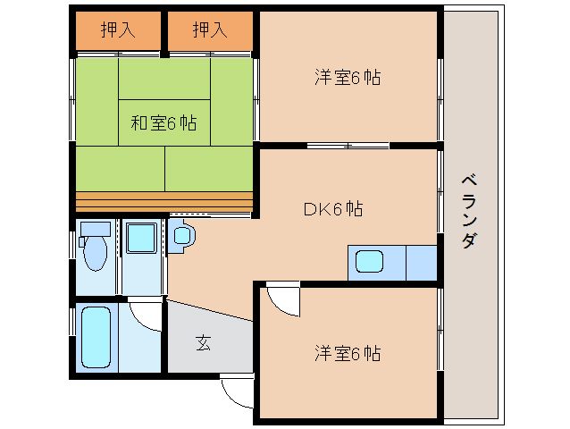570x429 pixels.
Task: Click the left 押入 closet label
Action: coord(118,30)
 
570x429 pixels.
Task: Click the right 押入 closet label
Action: coord(211,30)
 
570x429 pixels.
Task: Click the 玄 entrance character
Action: coord(204,342)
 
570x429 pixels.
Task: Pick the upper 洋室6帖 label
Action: coord(347,78)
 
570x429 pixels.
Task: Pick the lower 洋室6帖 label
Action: coord(347,353)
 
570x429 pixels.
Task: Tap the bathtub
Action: coord(96,337)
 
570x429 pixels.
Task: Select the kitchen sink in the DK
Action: coord(369,263)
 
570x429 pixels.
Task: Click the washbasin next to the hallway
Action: coord(182,237)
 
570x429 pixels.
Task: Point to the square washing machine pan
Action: coord(140,240)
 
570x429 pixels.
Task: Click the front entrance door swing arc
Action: coord(236,391)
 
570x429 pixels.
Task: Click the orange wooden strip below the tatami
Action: coord(164,199)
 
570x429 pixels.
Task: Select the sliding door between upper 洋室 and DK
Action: coord(348,145)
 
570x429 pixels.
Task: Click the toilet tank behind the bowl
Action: coord(93,229)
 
